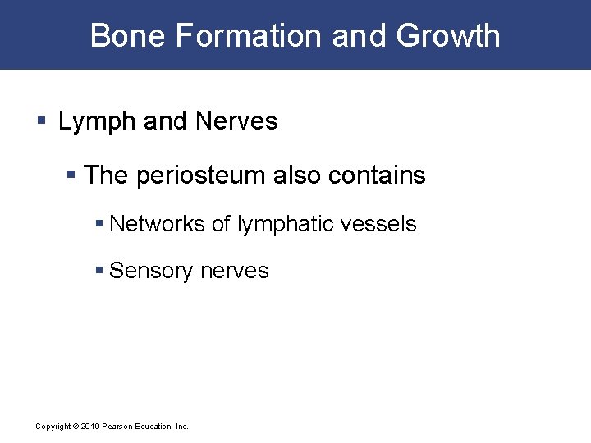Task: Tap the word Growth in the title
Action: (x=448, y=36)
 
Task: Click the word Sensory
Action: (x=148, y=271)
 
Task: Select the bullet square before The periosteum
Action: (x=73, y=176)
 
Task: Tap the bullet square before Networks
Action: (x=99, y=224)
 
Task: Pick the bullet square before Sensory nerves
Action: (x=99, y=271)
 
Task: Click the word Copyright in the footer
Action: (x=53, y=427)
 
